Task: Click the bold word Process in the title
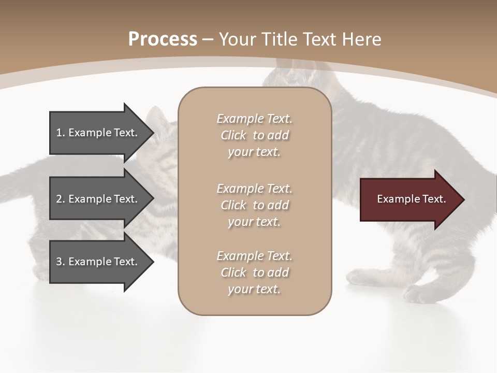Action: tap(163, 39)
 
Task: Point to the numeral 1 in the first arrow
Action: tap(59, 133)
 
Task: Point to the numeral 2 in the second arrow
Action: tap(59, 199)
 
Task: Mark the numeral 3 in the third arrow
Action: tap(59, 262)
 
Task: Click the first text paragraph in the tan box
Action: tap(254, 135)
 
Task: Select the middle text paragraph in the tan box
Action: tap(254, 205)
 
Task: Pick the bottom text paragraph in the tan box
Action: tap(254, 272)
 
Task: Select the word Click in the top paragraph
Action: tap(233, 135)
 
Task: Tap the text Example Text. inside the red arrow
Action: tap(411, 199)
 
